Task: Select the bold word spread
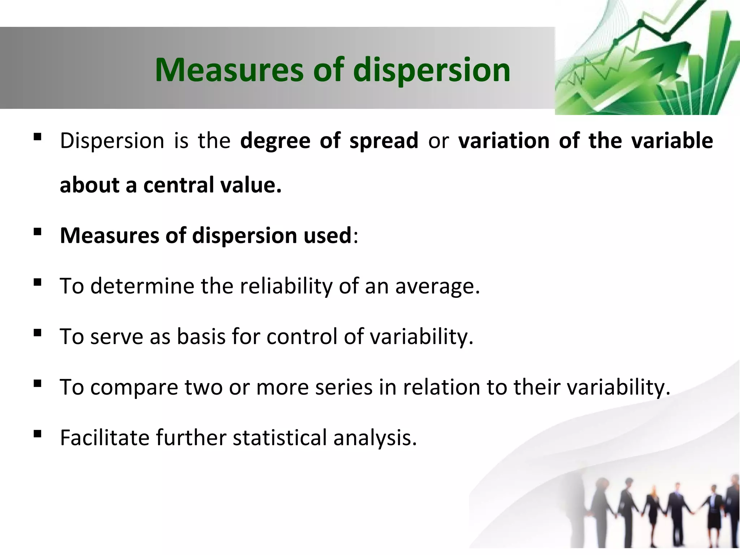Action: coord(383,141)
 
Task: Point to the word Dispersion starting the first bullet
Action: coord(112,141)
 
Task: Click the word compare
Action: coord(134,388)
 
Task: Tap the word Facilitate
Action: coord(105,438)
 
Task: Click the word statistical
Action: coord(280,438)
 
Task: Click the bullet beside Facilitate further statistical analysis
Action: coord(37,434)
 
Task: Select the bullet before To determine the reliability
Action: coord(37,282)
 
